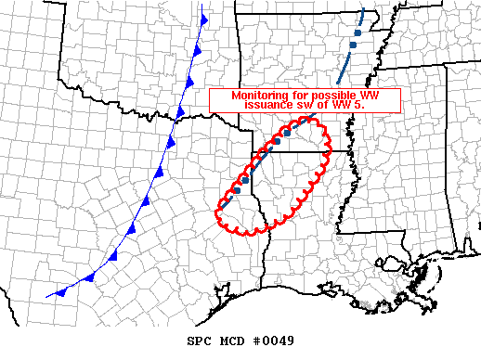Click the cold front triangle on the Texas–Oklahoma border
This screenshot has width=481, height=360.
pos(180,114)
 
